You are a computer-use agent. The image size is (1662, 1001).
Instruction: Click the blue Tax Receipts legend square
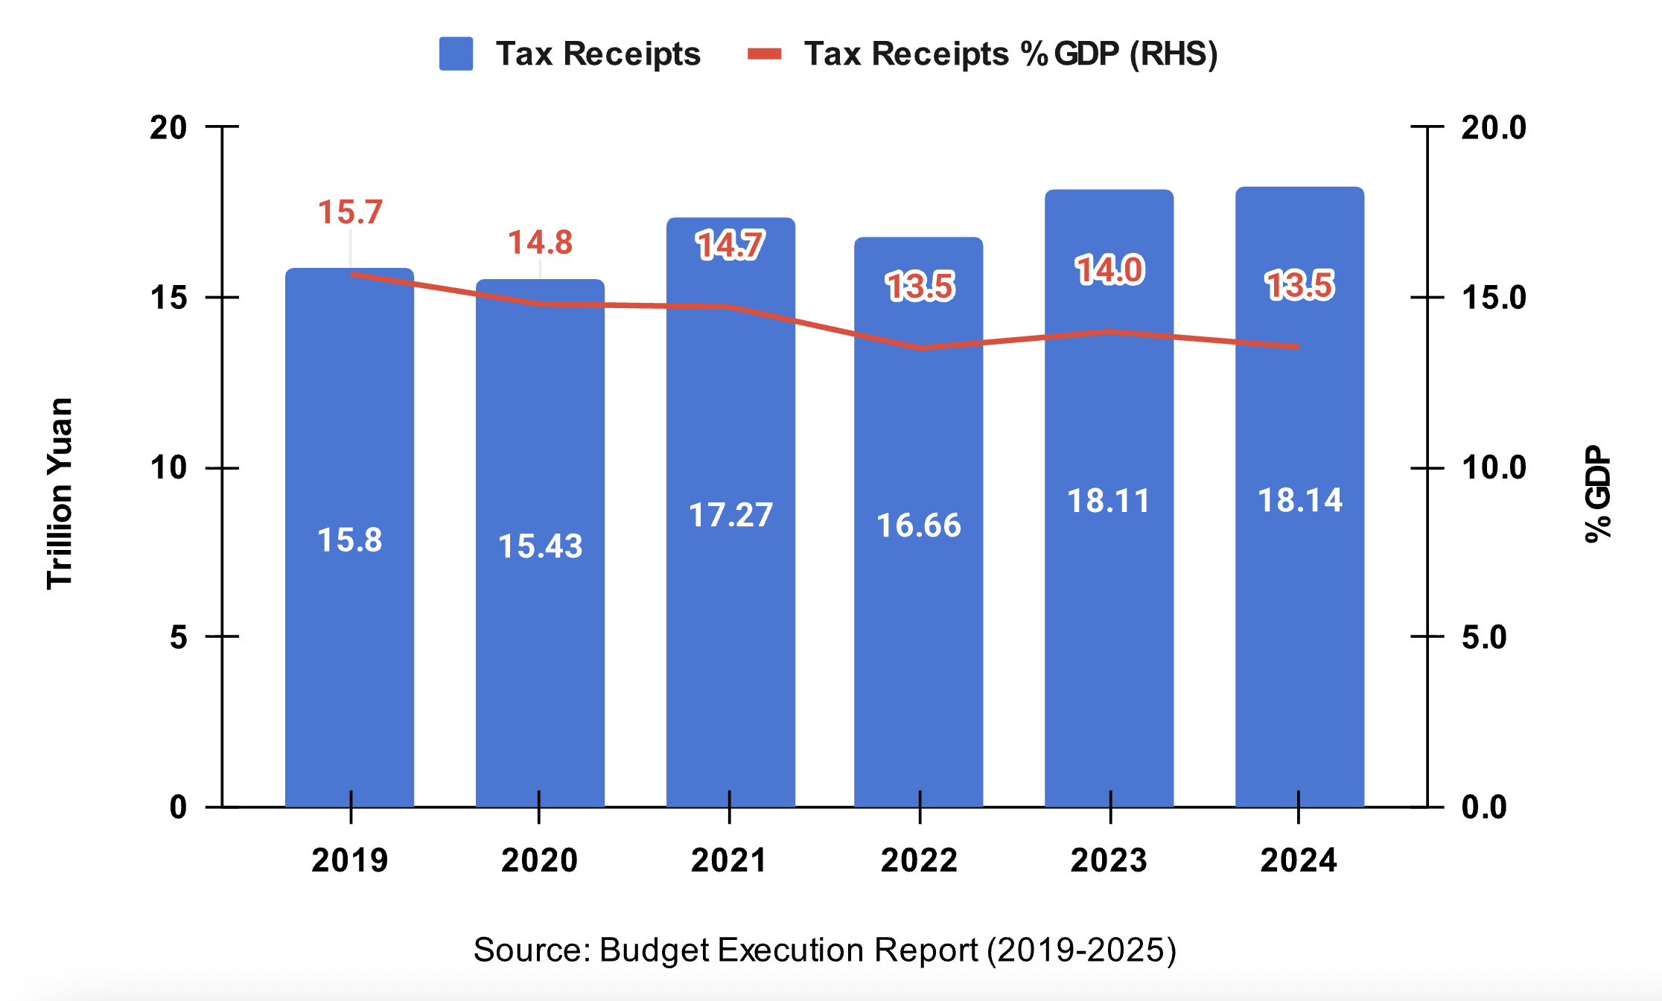tap(456, 54)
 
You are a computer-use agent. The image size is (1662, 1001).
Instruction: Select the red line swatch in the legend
tap(765, 54)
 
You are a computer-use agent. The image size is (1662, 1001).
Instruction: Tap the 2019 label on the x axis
tap(350, 860)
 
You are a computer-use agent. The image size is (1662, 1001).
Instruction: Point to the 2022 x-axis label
tap(920, 860)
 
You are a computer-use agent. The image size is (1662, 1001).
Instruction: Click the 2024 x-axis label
tap(1299, 860)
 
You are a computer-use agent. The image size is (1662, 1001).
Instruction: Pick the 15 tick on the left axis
tap(168, 298)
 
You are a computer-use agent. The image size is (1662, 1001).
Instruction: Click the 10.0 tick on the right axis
tap(1494, 468)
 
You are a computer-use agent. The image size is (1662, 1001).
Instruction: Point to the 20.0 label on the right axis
tap(1494, 128)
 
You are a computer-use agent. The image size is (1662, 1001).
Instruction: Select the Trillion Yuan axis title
tap(60, 493)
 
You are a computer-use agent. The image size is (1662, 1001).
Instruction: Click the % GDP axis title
tap(1598, 493)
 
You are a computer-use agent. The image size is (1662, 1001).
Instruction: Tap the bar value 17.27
tap(730, 515)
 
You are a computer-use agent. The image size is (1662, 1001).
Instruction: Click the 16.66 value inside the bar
tap(919, 525)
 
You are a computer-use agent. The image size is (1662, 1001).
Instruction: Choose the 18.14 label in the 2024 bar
tap(1300, 500)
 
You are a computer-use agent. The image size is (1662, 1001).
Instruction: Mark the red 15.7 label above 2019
tap(350, 212)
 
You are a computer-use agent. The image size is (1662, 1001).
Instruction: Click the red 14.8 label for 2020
tap(540, 243)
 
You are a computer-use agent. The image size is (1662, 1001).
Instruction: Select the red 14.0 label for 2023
tap(1109, 269)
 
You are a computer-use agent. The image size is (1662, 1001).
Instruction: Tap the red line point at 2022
tap(920, 348)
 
